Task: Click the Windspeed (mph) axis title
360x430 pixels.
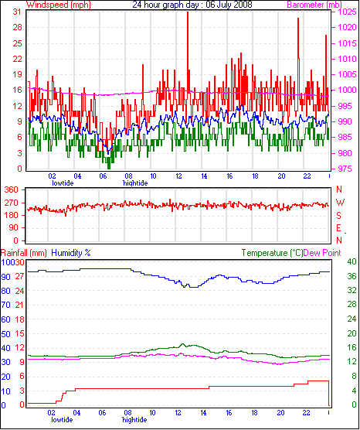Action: click(x=59, y=5)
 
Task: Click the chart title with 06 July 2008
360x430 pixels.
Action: click(x=192, y=5)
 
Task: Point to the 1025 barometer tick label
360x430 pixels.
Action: click(x=348, y=12)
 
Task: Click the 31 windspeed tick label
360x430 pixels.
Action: click(x=18, y=12)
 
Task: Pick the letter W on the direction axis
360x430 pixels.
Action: click(x=340, y=203)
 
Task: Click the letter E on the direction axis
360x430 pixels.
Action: click(x=339, y=228)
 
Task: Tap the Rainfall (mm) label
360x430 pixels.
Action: click(x=23, y=253)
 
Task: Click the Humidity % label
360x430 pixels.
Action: click(x=71, y=253)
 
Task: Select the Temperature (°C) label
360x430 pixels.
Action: click(x=272, y=253)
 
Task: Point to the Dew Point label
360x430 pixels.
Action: click(x=322, y=253)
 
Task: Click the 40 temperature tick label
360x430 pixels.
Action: click(x=352, y=261)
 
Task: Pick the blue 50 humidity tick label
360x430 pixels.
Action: click(x=5, y=334)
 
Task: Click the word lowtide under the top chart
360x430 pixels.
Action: click(x=63, y=183)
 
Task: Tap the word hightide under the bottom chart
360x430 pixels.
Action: click(x=134, y=420)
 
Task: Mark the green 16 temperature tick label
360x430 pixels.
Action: click(x=352, y=347)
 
